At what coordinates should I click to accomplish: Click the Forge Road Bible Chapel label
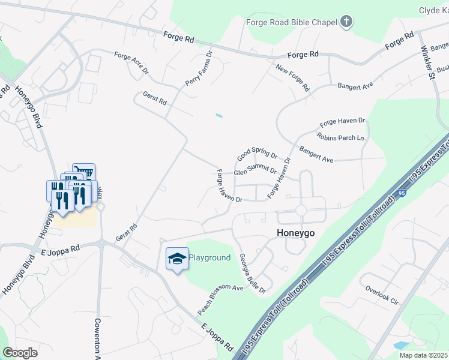tap(292, 23)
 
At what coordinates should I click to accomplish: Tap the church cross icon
tap(346, 23)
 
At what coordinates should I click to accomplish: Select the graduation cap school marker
tap(177, 259)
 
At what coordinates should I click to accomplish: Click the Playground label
tap(209, 258)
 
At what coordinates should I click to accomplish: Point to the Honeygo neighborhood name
tap(296, 232)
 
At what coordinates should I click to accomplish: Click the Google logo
tap(20, 353)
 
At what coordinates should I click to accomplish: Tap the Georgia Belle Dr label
tap(253, 273)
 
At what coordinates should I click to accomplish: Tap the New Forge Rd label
tap(292, 78)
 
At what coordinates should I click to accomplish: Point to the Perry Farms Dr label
tap(199, 67)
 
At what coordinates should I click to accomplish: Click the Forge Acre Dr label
tap(131, 62)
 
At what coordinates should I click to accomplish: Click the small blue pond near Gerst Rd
tap(219, 115)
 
